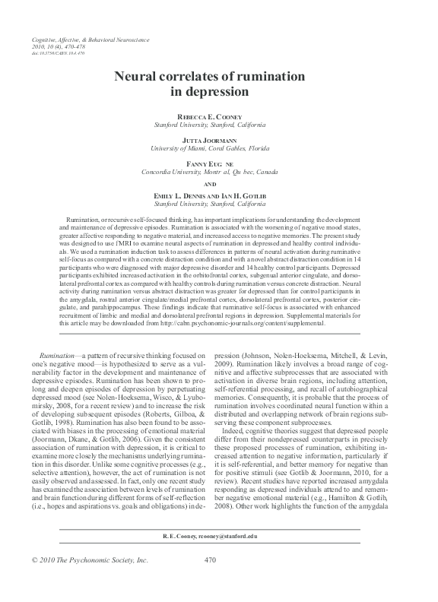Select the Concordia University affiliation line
pos(218,172)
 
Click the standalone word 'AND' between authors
pos(218,184)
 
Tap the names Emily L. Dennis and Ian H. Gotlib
pos(218,196)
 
